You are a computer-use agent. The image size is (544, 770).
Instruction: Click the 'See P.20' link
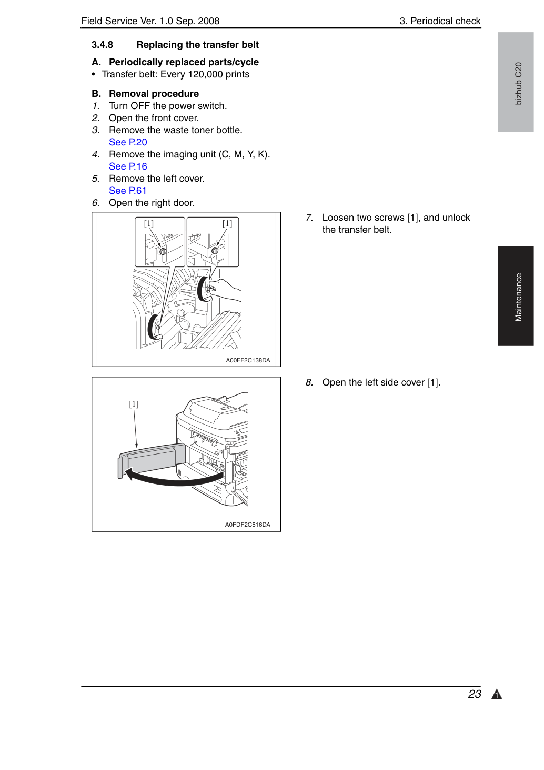click(x=128, y=142)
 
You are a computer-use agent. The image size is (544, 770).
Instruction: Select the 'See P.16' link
click(x=128, y=166)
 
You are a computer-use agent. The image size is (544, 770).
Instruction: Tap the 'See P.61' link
click(x=128, y=191)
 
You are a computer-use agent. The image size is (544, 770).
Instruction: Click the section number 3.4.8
click(x=102, y=45)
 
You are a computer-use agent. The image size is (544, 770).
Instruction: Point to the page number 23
click(x=474, y=694)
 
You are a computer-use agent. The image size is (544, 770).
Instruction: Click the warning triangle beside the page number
click(x=497, y=695)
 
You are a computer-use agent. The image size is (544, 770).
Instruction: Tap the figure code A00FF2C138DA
click(x=248, y=360)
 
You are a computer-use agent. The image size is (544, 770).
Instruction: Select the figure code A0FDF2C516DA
click(x=247, y=525)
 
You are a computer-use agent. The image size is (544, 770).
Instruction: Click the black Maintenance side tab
click(x=516, y=295)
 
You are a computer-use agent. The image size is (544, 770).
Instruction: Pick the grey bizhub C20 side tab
click(x=516, y=82)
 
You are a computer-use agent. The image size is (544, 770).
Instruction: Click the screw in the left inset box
click(x=163, y=251)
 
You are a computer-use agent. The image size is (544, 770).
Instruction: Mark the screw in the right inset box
click(x=215, y=251)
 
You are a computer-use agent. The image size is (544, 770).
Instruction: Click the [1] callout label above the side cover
click(x=134, y=404)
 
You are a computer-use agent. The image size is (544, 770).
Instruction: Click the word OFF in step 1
click(x=140, y=106)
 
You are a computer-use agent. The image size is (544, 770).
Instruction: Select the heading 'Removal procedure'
click(x=154, y=94)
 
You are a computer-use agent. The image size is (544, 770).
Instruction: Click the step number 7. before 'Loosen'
click(x=310, y=218)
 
